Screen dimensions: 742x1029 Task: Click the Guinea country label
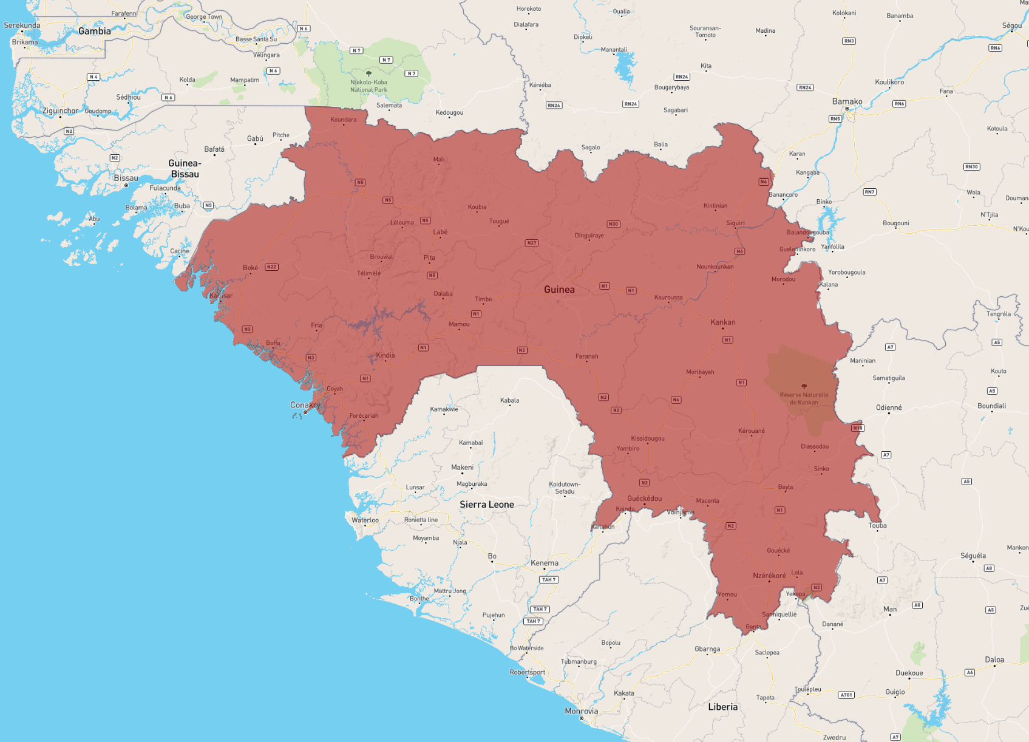point(559,290)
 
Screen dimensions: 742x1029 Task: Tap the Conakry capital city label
point(305,405)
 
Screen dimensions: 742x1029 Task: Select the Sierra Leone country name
point(487,505)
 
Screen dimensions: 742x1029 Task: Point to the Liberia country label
point(723,707)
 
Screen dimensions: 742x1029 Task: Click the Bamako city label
point(847,101)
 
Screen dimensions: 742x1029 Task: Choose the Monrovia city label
point(581,711)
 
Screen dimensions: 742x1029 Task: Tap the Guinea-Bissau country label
point(185,169)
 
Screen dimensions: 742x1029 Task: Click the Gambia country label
point(95,31)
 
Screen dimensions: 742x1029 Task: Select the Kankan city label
point(723,322)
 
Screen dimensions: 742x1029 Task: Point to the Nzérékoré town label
point(769,576)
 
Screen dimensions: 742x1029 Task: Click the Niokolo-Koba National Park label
point(368,86)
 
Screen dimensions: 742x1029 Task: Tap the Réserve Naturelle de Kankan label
point(804,398)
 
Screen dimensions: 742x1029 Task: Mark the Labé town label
point(440,232)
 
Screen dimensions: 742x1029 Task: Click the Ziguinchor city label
point(60,111)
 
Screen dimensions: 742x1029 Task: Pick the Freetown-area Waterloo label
point(365,520)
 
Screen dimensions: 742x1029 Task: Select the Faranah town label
point(586,356)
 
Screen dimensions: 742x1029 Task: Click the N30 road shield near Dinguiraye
point(613,224)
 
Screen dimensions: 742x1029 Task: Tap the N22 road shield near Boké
point(271,267)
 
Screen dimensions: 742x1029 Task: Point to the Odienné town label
point(889,407)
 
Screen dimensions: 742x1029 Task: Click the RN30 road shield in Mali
point(971,167)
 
